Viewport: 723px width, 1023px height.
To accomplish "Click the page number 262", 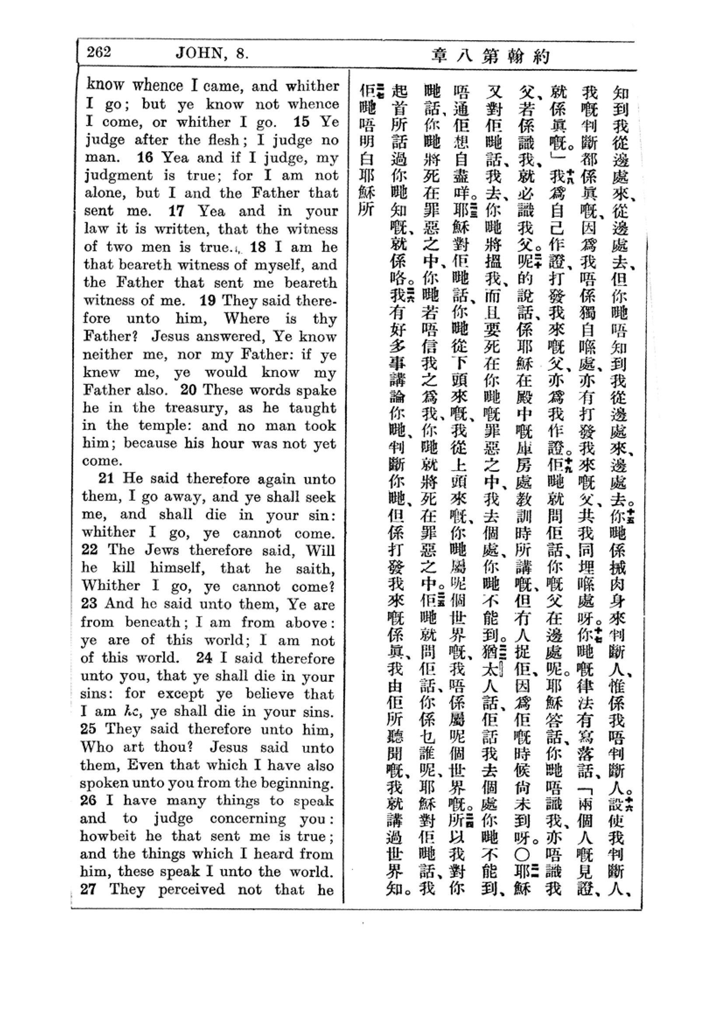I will (98, 52).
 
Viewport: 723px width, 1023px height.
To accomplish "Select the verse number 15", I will (302, 122).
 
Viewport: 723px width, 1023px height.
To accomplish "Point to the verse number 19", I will (208, 300).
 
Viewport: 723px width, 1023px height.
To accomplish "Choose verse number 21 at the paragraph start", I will (106, 478).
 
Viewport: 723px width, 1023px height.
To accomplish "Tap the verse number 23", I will (89, 604).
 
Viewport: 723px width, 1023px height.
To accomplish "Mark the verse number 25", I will (89, 729).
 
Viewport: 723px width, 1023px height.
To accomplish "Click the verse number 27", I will (90, 889).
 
